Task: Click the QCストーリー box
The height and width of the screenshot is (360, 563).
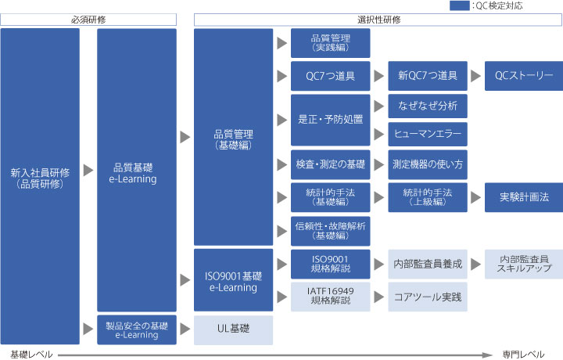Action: [x=524, y=76]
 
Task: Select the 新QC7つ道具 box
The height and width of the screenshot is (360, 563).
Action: [x=428, y=76]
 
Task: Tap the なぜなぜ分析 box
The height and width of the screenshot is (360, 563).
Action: [x=428, y=106]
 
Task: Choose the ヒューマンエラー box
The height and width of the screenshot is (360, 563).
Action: [x=428, y=134]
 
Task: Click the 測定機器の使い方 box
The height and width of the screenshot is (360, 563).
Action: [x=428, y=164]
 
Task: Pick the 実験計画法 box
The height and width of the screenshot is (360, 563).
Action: [x=524, y=197]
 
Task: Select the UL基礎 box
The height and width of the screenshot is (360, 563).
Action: [x=233, y=330]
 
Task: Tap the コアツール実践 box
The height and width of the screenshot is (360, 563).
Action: [x=428, y=297]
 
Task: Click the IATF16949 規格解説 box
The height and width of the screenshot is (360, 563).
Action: [x=330, y=297]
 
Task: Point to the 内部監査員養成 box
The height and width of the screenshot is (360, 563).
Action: [x=428, y=264]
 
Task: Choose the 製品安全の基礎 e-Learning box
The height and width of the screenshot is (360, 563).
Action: [x=137, y=329]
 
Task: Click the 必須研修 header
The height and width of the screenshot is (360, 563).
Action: [x=88, y=20]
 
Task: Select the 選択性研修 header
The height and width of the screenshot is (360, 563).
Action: [x=378, y=20]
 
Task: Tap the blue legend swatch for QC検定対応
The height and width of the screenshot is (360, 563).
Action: [x=460, y=5]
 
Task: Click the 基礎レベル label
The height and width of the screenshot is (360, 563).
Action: [x=31, y=355]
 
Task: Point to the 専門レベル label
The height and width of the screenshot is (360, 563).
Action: [x=523, y=355]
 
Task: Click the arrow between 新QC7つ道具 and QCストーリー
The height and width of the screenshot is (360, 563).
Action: [x=475, y=76]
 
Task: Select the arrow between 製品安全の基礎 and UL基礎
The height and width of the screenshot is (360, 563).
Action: [x=185, y=329]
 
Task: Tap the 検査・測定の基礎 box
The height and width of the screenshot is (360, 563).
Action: [x=330, y=164]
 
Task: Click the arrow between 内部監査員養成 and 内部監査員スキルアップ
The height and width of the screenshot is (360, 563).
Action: [x=475, y=264]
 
